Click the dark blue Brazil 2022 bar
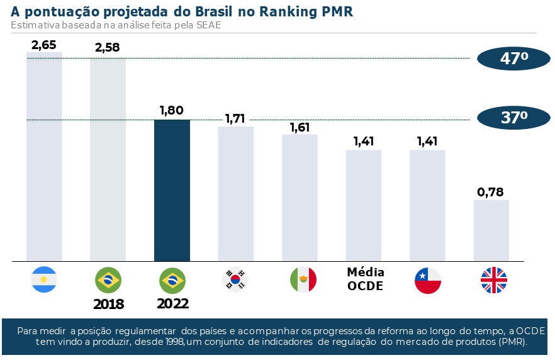coord(172,190)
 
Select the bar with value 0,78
coord(491,230)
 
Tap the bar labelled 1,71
coord(235,193)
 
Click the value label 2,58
coord(107,48)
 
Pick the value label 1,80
coord(171,110)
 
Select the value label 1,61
coord(300,127)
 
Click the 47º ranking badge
coord(513,59)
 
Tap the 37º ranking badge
coord(513,117)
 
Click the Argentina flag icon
coord(44,279)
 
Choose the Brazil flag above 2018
coord(108,280)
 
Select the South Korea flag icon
coord(235,280)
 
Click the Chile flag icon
coord(427,280)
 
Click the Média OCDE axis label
coord(366,279)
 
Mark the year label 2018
coord(108,305)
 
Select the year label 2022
coord(172,303)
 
